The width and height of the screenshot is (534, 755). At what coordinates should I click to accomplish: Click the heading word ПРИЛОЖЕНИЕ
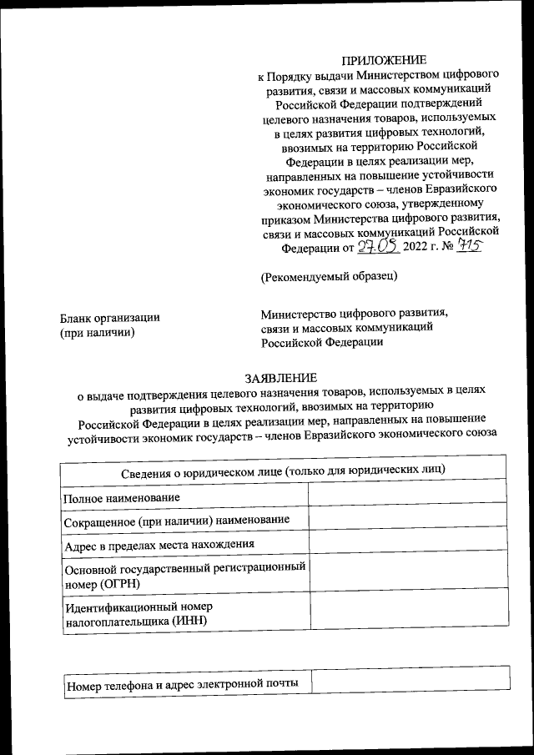point(385,59)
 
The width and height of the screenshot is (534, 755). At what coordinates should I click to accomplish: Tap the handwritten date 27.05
point(379,247)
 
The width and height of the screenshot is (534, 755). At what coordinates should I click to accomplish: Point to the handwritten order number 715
point(470,247)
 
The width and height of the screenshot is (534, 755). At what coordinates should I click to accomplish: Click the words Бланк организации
point(110,318)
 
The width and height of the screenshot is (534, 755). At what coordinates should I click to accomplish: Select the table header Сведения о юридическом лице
point(283,470)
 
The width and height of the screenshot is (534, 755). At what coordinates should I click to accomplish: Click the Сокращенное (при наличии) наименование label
point(177,521)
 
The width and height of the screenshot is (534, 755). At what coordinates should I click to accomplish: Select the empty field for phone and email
point(411,677)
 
